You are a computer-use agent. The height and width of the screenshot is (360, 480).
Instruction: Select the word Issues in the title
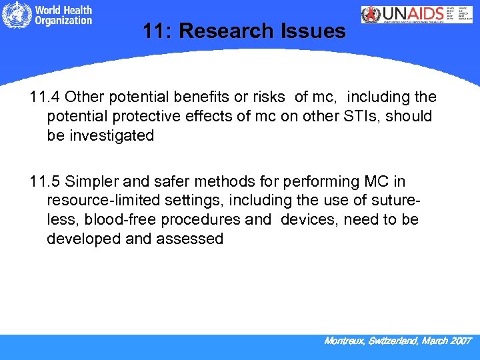317,31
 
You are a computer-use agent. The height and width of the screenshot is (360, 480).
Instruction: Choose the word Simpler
90,182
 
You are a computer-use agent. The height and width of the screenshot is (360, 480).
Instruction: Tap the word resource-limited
100,201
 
